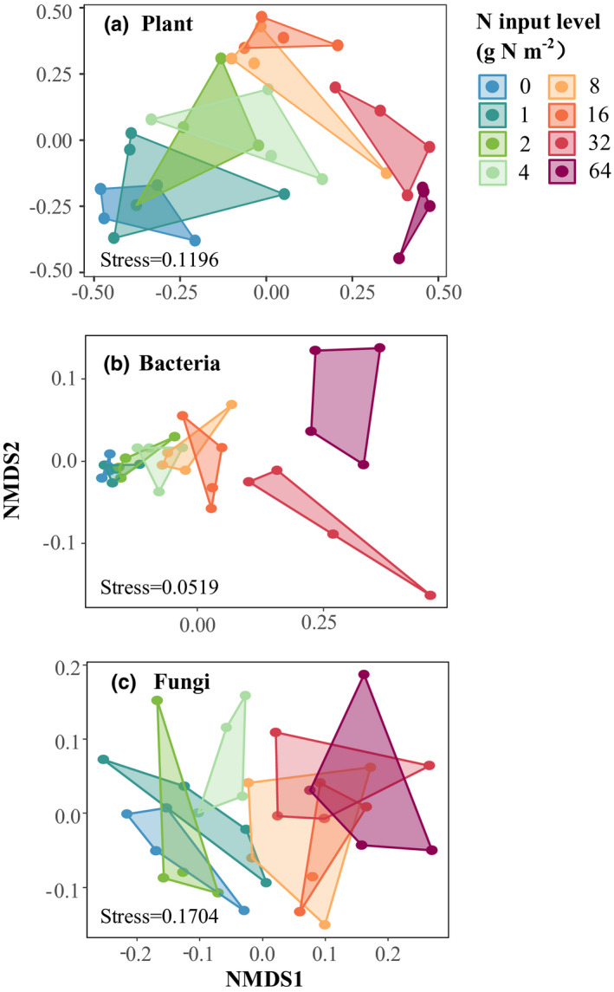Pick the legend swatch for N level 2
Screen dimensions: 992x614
pyautogui.click(x=492, y=143)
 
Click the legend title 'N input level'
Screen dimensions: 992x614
pyautogui.click(x=538, y=20)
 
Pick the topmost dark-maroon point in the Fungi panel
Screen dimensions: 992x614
pyautogui.click(x=364, y=675)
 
